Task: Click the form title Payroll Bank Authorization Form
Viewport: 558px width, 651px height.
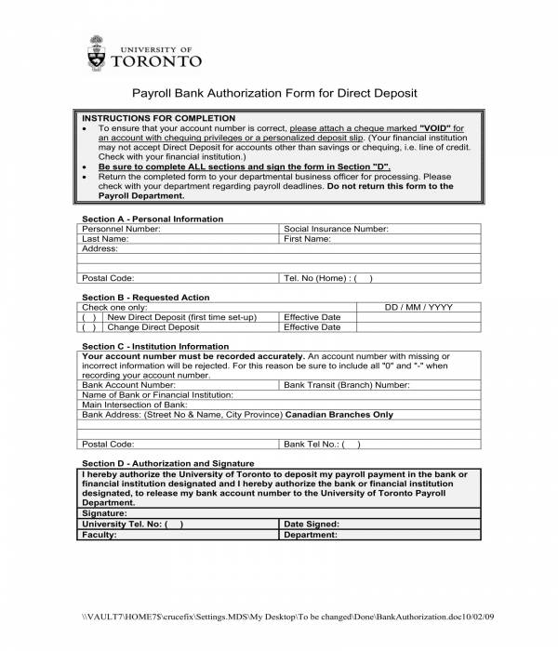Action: pos(274,93)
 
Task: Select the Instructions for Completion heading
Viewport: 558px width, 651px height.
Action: pos(159,118)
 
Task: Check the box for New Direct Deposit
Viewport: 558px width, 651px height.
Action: pos(89,317)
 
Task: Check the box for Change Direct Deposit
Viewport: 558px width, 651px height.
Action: pos(89,327)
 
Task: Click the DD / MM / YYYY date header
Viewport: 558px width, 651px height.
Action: pos(418,307)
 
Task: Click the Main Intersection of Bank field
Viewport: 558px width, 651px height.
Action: pos(279,405)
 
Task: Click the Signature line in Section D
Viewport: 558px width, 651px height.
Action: pos(279,513)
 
